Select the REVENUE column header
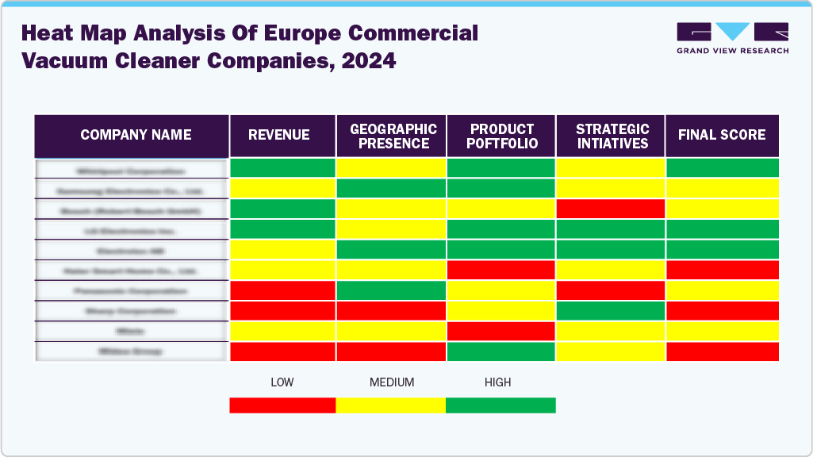click(282, 136)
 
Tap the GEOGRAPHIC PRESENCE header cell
click(391, 136)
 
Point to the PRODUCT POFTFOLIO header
click(500, 136)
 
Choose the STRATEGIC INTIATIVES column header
click(610, 136)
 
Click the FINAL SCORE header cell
click(722, 136)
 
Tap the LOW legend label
click(282, 382)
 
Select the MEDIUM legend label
click(391, 382)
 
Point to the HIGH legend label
click(498, 382)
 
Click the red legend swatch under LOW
click(282, 405)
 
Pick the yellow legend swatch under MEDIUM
click(391, 405)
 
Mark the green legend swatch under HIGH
click(500, 405)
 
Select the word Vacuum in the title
click(63, 61)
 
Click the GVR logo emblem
click(732, 32)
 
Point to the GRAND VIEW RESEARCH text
click(732, 51)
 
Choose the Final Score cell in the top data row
click(722, 168)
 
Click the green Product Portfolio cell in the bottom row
click(500, 351)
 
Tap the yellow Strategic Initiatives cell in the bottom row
click(610, 351)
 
